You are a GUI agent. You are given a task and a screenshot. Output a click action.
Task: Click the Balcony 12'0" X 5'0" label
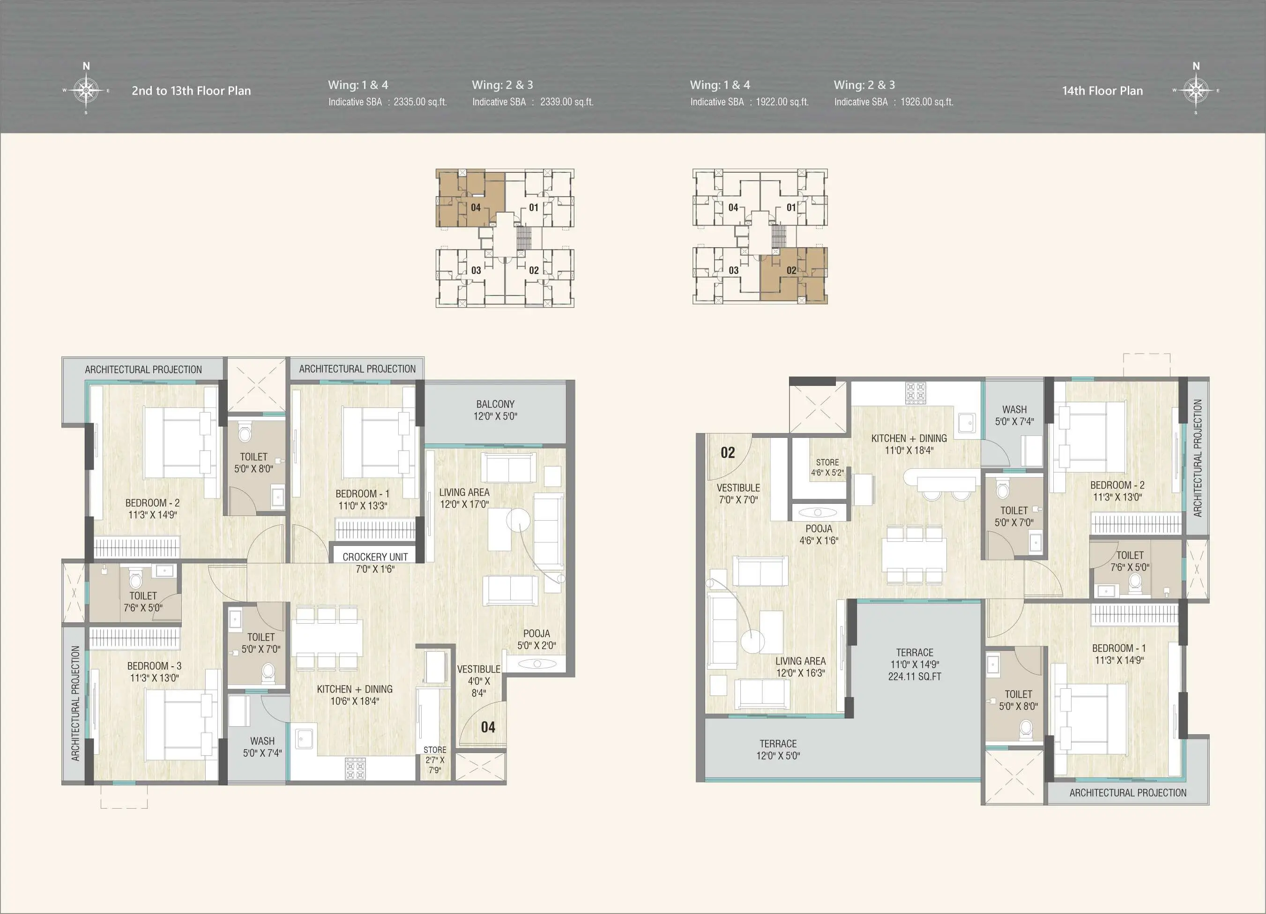(x=496, y=410)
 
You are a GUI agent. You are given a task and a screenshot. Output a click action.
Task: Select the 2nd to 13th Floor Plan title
(x=192, y=91)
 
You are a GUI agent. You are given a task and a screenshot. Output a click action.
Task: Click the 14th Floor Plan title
(x=1102, y=91)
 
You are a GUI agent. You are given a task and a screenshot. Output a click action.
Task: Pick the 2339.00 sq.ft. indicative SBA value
(x=566, y=102)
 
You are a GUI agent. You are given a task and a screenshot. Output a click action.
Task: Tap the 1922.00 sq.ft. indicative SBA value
(x=782, y=102)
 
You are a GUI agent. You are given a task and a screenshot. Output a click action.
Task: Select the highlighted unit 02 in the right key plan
(x=793, y=276)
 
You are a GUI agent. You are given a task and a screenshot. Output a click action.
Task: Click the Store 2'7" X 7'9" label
(x=435, y=760)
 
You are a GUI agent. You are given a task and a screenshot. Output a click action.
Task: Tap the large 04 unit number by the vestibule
(x=488, y=727)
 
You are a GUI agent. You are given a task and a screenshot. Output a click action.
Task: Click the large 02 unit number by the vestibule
(x=728, y=452)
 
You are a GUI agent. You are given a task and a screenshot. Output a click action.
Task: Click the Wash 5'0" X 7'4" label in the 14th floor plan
(x=1014, y=416)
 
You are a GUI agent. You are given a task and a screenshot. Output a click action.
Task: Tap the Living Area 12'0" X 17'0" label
(x=464, y=498)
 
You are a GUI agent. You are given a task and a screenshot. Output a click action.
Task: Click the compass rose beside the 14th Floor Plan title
(x=1196, y=90)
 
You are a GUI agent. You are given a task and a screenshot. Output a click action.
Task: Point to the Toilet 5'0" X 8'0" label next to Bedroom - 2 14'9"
(x=253, y=463)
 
